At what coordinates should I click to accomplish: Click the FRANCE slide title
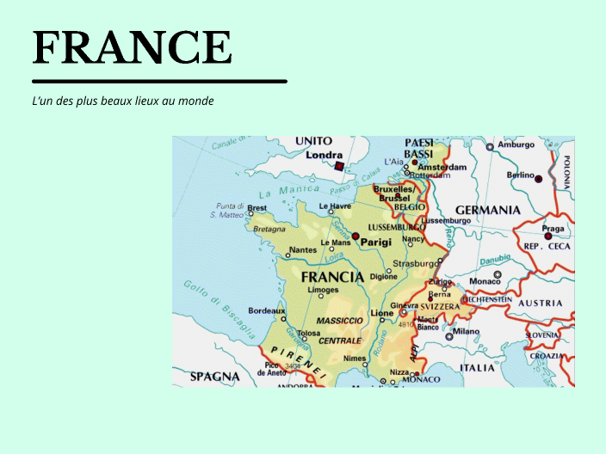tap(132, 47)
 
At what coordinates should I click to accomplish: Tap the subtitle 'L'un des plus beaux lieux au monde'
tap(122, 101)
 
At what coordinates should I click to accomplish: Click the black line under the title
tap(159, 82)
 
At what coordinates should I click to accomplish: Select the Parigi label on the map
tap(375, 242)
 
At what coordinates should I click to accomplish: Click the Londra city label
tap(324, 156)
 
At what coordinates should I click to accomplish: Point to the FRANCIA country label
tap(332, 277)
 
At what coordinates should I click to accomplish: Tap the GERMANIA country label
tap(487, 210)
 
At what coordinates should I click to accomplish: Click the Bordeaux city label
tap(265, 310)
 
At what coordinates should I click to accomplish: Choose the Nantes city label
tap(302, 250)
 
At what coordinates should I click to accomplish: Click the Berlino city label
tap(520, 175)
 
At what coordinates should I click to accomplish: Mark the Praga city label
tap(553, 229)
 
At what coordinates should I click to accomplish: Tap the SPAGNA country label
tap(214, 376)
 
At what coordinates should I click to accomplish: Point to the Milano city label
tap(466, 331)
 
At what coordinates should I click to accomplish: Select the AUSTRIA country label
tap(540, 303)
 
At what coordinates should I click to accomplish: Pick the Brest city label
tap(257, 208)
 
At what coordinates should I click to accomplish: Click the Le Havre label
tap(335, 206)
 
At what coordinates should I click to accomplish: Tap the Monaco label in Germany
tap(484, 281)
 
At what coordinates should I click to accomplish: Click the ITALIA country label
tap(477, 367)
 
